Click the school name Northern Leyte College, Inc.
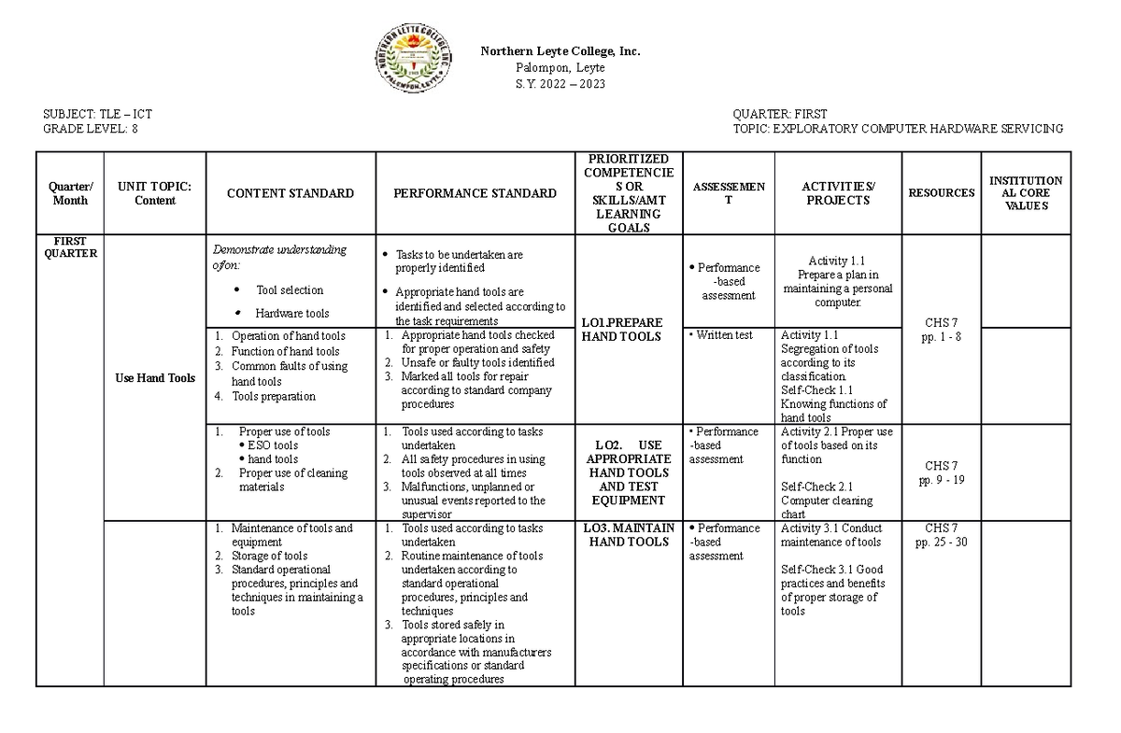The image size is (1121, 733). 560,51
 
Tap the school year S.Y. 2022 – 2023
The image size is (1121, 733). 560,84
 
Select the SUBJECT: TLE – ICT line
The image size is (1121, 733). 97,115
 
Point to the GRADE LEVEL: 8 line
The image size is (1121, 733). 90,129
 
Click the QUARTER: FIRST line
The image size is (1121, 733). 780,115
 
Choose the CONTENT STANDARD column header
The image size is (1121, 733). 291,193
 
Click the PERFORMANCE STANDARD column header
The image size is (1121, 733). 475,193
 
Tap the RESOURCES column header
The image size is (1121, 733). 942,193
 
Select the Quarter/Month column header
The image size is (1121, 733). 70,193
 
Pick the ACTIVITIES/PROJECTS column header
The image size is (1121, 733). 838,193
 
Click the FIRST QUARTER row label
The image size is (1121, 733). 70,247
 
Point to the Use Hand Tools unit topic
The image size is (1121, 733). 155,378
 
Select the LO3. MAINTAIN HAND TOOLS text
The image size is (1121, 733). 629,535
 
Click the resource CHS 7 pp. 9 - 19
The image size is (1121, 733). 942,472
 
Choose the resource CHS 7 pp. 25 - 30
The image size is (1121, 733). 942,535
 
